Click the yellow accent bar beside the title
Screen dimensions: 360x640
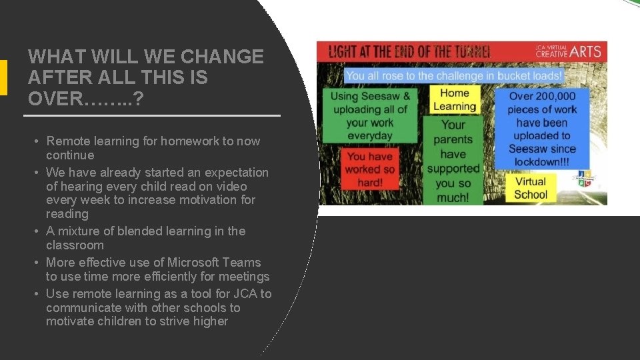3,77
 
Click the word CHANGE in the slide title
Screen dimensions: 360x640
223,57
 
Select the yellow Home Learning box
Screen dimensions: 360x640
454,99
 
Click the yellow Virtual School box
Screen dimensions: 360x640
531,188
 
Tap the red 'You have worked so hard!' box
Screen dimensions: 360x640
370,169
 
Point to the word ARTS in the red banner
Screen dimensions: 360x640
585,51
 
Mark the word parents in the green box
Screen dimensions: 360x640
453,139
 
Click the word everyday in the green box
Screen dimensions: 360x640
370,135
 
